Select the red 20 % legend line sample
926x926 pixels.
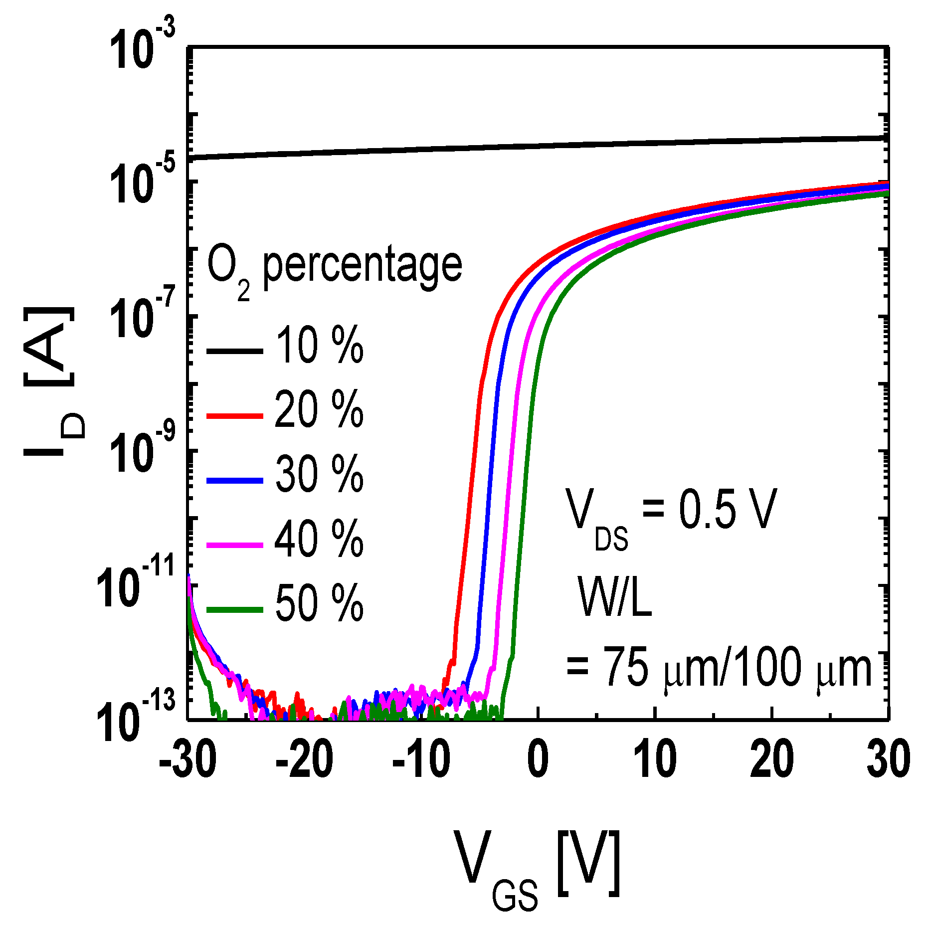click(234, 415)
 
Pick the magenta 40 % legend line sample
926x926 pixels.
click(234, 545)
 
